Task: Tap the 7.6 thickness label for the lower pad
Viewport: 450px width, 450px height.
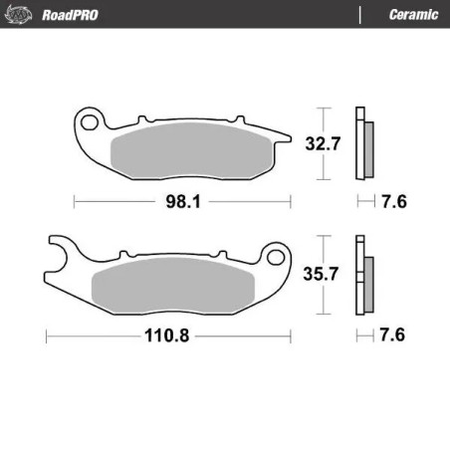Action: click(396, 336)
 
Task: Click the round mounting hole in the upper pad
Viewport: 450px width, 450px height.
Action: click(91, 123)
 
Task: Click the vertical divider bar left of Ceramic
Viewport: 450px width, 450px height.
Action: click(358, 13)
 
